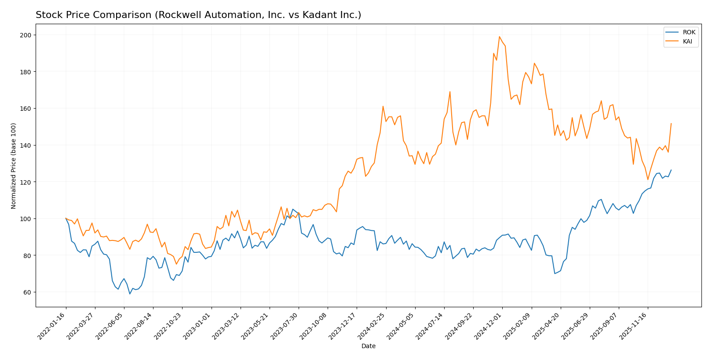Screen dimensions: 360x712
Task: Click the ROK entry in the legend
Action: point(689,33)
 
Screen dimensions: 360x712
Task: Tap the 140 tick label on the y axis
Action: point(27,145)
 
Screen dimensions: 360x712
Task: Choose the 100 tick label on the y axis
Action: point(27,219)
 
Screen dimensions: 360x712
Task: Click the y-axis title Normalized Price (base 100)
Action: point(14,166)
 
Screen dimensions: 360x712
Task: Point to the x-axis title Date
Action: point(368,346)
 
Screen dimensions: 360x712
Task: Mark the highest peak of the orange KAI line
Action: point(499,36)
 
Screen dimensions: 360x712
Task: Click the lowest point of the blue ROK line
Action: point(130,294)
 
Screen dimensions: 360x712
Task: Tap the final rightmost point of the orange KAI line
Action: point(671,124)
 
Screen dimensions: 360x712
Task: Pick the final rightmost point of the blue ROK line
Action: point(671,170)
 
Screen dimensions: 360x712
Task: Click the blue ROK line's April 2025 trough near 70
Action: point(555,273)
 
